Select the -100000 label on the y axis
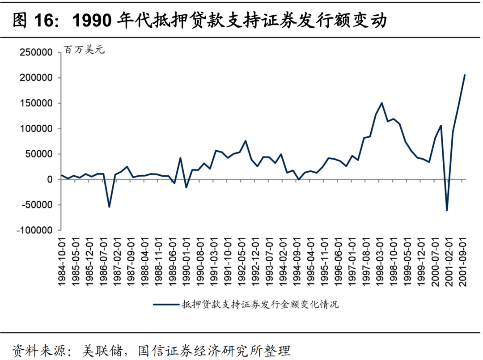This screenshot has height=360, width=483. (35, 230)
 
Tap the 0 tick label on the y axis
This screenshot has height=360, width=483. (51, 179)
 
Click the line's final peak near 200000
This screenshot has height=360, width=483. (465, 75)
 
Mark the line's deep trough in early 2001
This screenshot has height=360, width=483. (447, 210)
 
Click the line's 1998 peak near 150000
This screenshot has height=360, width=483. (381, 103)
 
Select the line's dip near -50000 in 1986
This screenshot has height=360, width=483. (109, 207)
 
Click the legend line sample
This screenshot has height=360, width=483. (165, 305)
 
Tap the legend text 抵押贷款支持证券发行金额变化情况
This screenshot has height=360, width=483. (260, 305)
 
